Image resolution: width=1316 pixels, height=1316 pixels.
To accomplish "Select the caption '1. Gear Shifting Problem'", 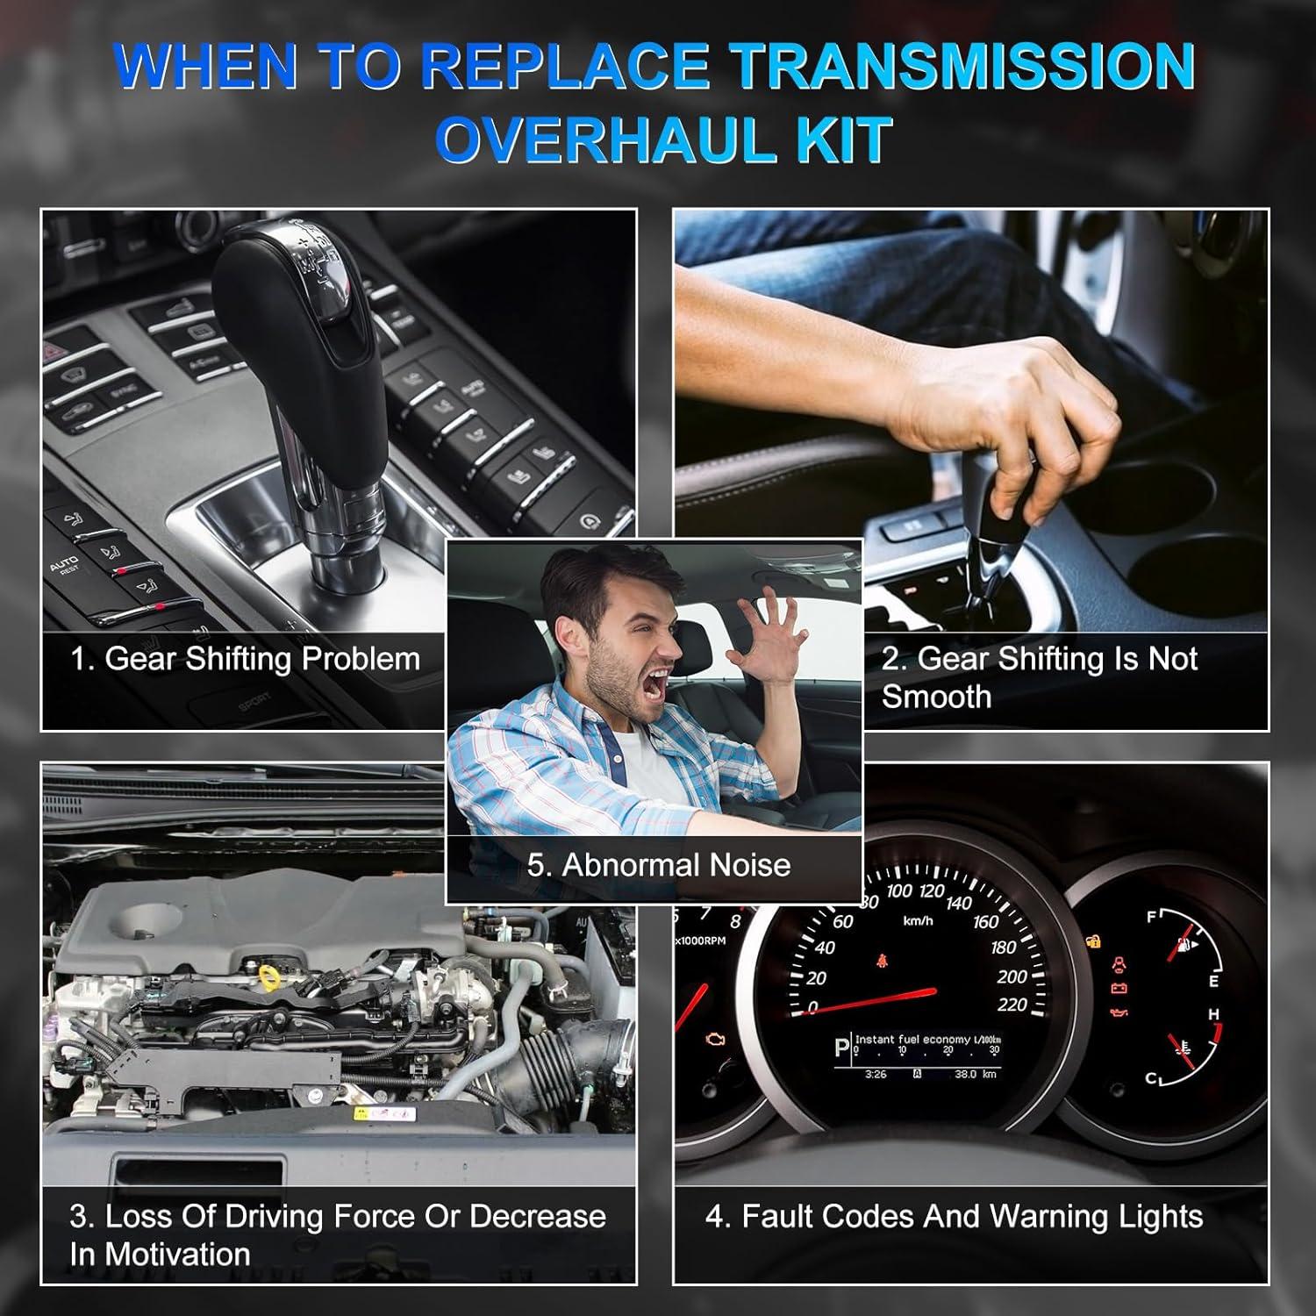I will (x=245, y=659).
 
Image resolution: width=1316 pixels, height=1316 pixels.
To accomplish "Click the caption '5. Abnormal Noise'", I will (x=659, y=865).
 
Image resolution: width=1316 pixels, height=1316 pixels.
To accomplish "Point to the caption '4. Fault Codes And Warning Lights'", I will (x=955, y=1217).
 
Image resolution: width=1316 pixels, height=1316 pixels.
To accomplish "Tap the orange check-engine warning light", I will (x=715, y=1042).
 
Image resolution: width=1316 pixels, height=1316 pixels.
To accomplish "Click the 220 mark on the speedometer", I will (x=1012, y=1005).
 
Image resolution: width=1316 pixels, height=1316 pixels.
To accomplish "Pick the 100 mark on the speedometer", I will (x=899, y=892).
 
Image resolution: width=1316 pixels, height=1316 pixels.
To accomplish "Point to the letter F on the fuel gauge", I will (x=1152, y=918).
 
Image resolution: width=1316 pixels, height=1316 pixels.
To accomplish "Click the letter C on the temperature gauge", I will (x=1151, y=1079).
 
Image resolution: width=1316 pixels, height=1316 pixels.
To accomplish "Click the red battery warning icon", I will (x=1119, y=989).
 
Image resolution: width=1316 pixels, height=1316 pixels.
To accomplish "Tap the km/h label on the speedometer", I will (x=918, y=921).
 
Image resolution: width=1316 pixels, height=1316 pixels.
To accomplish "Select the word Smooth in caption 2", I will (x=937, y=697).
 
